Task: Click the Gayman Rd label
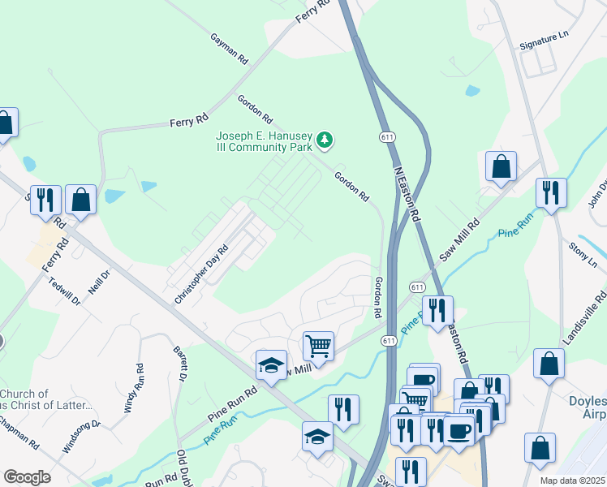coord(228,50)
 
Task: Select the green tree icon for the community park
coord(325,140)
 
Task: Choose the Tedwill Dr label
coord(65,290)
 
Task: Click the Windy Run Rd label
coord(133,389)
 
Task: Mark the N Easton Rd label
coord(407,195)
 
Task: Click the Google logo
coord(27,477)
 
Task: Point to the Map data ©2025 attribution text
coord(572,481)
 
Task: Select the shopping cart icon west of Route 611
coord(318,346)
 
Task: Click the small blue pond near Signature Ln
coord(471,91)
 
